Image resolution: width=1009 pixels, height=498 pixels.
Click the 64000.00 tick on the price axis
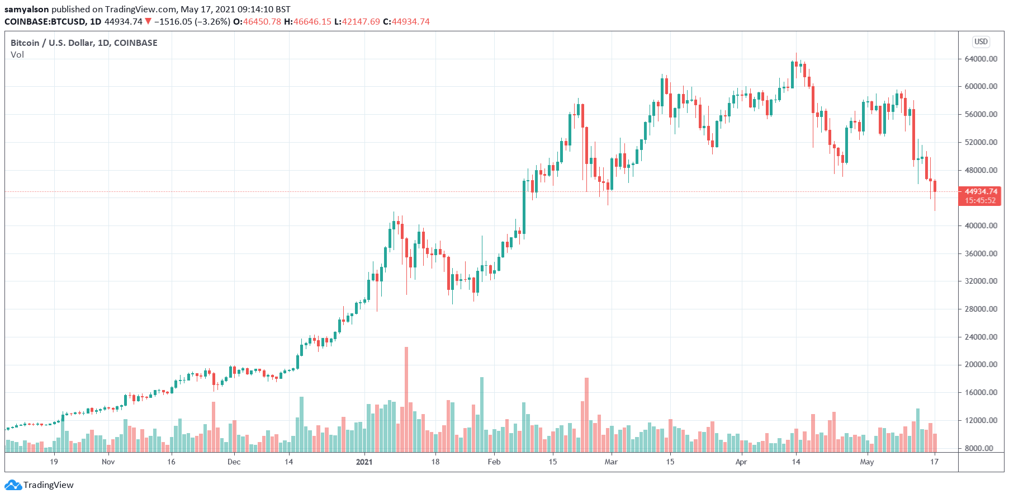pyautogui.click(x=980, y=59)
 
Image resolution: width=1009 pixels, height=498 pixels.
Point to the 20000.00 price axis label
pyautogui.click(x=980, y=364)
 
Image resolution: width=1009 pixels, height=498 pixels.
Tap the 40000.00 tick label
pyautogui.click(x=980, y=225)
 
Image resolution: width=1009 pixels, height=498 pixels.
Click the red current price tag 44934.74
pyautogui.click(x=980, y=191)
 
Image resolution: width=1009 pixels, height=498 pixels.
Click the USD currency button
pyautogui.click(x=981, y=42)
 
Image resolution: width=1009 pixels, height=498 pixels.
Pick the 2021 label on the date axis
pyautogui.click(x=364, y=462)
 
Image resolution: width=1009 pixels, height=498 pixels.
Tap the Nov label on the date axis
pyautogui.click(x=108, y=462)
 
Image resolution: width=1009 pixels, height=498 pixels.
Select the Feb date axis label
pyautogui.click(x=494, y=462)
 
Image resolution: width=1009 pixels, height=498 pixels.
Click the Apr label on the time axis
pyautogui.click(x=741, y=462)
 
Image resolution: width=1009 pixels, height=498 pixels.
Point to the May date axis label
pyautogui.click(x=866, y=462)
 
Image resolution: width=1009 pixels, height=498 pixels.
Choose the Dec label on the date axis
pyautogui.click(x=234, y=462)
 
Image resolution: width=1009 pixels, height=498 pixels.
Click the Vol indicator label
pyautogui.click(x=17, y=55)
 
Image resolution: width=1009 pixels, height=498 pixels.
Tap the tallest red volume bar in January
pyautogui.click(x=406, y=400)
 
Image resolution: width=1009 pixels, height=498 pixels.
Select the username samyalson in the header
pyautogui.click(x=26, y=9)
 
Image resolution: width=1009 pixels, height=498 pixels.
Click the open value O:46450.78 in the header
pyautogui.click(x=257, y=22)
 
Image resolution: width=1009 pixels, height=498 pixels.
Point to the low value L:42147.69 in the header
pyautogui.click(x=357, y=22)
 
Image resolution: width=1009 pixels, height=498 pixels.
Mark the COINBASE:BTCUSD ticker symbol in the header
pyautogui.click(x=45, y=22)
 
